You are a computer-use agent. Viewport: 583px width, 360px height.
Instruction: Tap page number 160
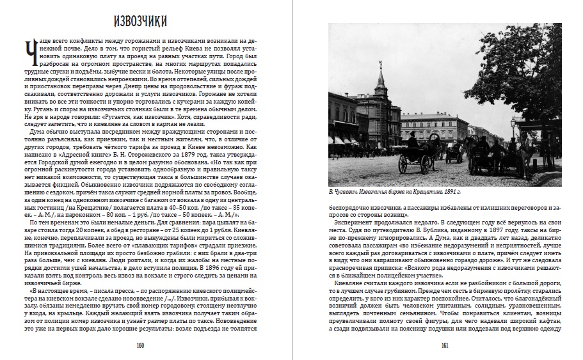point(140,346)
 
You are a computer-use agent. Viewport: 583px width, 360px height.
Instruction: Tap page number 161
point(443,346)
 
